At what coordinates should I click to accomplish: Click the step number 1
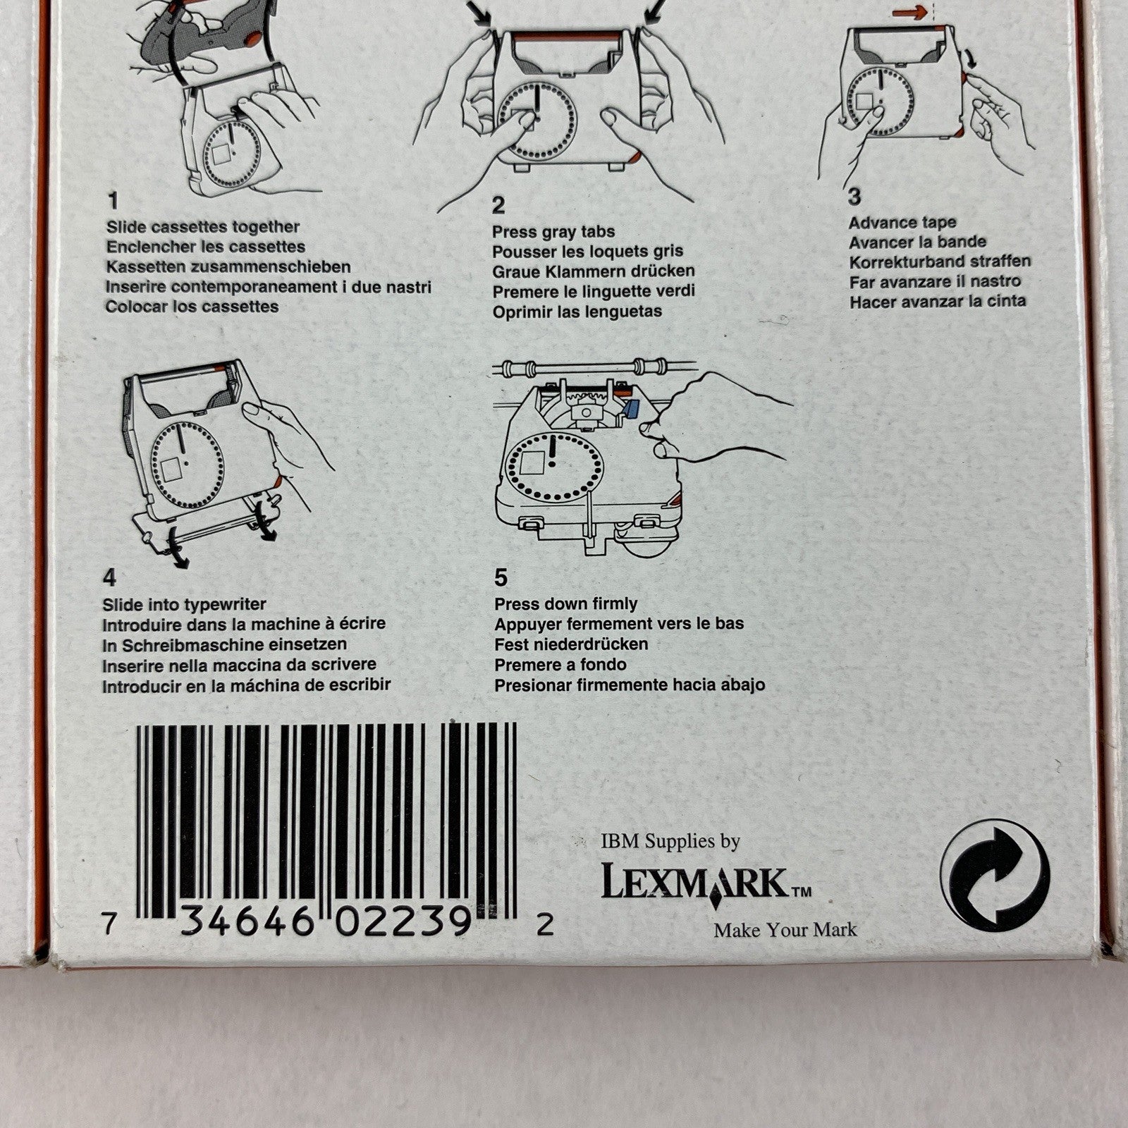pos(113,202)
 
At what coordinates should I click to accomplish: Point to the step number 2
pos(498,206)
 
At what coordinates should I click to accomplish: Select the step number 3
pos(854,196)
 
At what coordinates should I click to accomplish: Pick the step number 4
pos(109,578)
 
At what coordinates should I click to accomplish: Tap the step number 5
pos(501,578)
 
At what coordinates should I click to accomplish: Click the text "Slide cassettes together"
pos(203,227)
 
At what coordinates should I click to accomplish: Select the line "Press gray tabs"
pos(553,232)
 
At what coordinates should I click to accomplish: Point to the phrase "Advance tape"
pos(902,223)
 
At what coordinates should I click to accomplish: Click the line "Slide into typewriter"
pos(184,605)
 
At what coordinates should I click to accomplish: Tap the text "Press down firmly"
pos(565,604)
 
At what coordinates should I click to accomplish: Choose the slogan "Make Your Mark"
pos(785,930)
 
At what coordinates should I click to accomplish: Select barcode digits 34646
pos(246,922)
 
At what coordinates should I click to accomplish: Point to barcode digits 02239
pos(403,922)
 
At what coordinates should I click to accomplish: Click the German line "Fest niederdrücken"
pos(571,644)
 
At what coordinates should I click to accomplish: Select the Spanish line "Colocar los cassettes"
pos(192,307)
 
